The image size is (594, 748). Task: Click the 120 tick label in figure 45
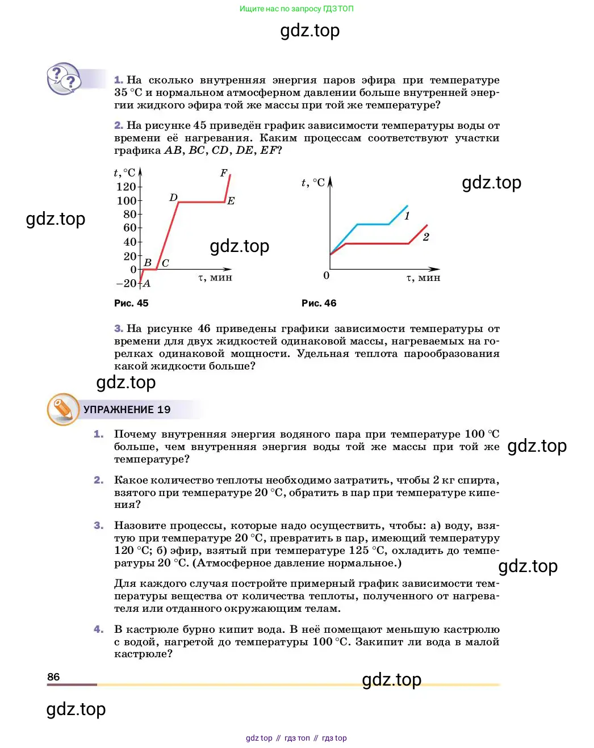[126, 187]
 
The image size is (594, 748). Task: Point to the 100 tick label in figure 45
[126, 201]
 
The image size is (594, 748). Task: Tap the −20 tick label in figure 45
[126, 283]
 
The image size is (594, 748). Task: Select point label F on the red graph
[224, 173]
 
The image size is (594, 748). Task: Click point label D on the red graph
[174, 197]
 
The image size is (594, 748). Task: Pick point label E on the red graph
[231, 201]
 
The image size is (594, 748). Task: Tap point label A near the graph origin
[147, 283]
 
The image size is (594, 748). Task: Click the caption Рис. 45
[131, 303]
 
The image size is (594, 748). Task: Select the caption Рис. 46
[319, 303]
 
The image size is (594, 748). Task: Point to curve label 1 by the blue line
[407, 216]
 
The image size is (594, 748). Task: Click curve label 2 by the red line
[426, 237]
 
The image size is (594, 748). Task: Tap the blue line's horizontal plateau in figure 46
[373, 224]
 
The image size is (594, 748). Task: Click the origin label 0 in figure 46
[326, 275]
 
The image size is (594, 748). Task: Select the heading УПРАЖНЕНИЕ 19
[127, 410]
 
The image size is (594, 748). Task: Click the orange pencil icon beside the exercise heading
[62, 409]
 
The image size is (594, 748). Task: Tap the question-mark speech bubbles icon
[64, 79]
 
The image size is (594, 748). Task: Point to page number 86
[53, 676]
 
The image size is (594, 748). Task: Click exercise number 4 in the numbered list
[98, 629]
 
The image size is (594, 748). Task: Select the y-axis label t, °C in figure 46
[313, 183]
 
